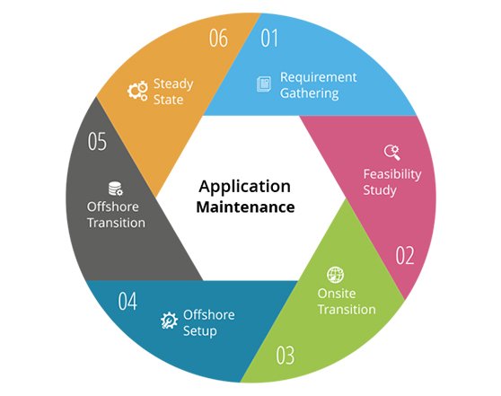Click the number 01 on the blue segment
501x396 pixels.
269,38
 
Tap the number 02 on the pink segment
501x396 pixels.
405,255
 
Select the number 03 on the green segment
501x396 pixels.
285,355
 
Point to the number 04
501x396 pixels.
127,301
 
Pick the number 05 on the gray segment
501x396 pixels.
97,141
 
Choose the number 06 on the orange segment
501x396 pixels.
218,38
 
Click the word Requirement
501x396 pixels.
318,77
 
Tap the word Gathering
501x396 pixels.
309,93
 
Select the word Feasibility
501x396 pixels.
392,174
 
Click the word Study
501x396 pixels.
380,190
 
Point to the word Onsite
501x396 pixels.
337,294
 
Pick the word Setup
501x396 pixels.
200,331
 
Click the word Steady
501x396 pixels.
173,84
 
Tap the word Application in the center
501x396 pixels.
245,187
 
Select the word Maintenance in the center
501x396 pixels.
245,207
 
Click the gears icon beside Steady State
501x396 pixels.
137,90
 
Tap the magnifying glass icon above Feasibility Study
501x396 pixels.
392,152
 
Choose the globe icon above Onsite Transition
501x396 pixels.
335,275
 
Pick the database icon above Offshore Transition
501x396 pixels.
115,189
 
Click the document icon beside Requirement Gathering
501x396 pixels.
264,84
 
